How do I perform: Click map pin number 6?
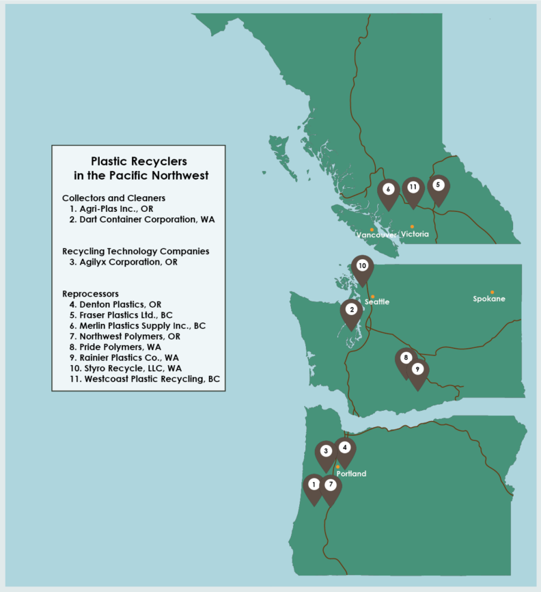click(x=388, y=189)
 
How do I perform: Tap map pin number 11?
click(x=413, y=187)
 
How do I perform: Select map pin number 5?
click(x=439, y=185)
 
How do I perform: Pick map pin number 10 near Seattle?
click(x=362, y=266)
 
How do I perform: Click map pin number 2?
click(x=351, y=310)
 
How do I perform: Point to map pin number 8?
click(x=405, y=358)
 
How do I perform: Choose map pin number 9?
click(x=417, y=370)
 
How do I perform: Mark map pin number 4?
click(x=345, y=448)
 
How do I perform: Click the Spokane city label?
click(x=489, y=299)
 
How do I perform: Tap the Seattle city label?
click(x=377, y=301)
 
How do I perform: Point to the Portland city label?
click(x=351, y=474)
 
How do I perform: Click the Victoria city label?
click(x=415, y=234)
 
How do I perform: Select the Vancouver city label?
click(x=376, y=234)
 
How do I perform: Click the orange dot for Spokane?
click(x=492, y=292)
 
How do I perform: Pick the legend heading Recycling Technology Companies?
click(x=135, y=252)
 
